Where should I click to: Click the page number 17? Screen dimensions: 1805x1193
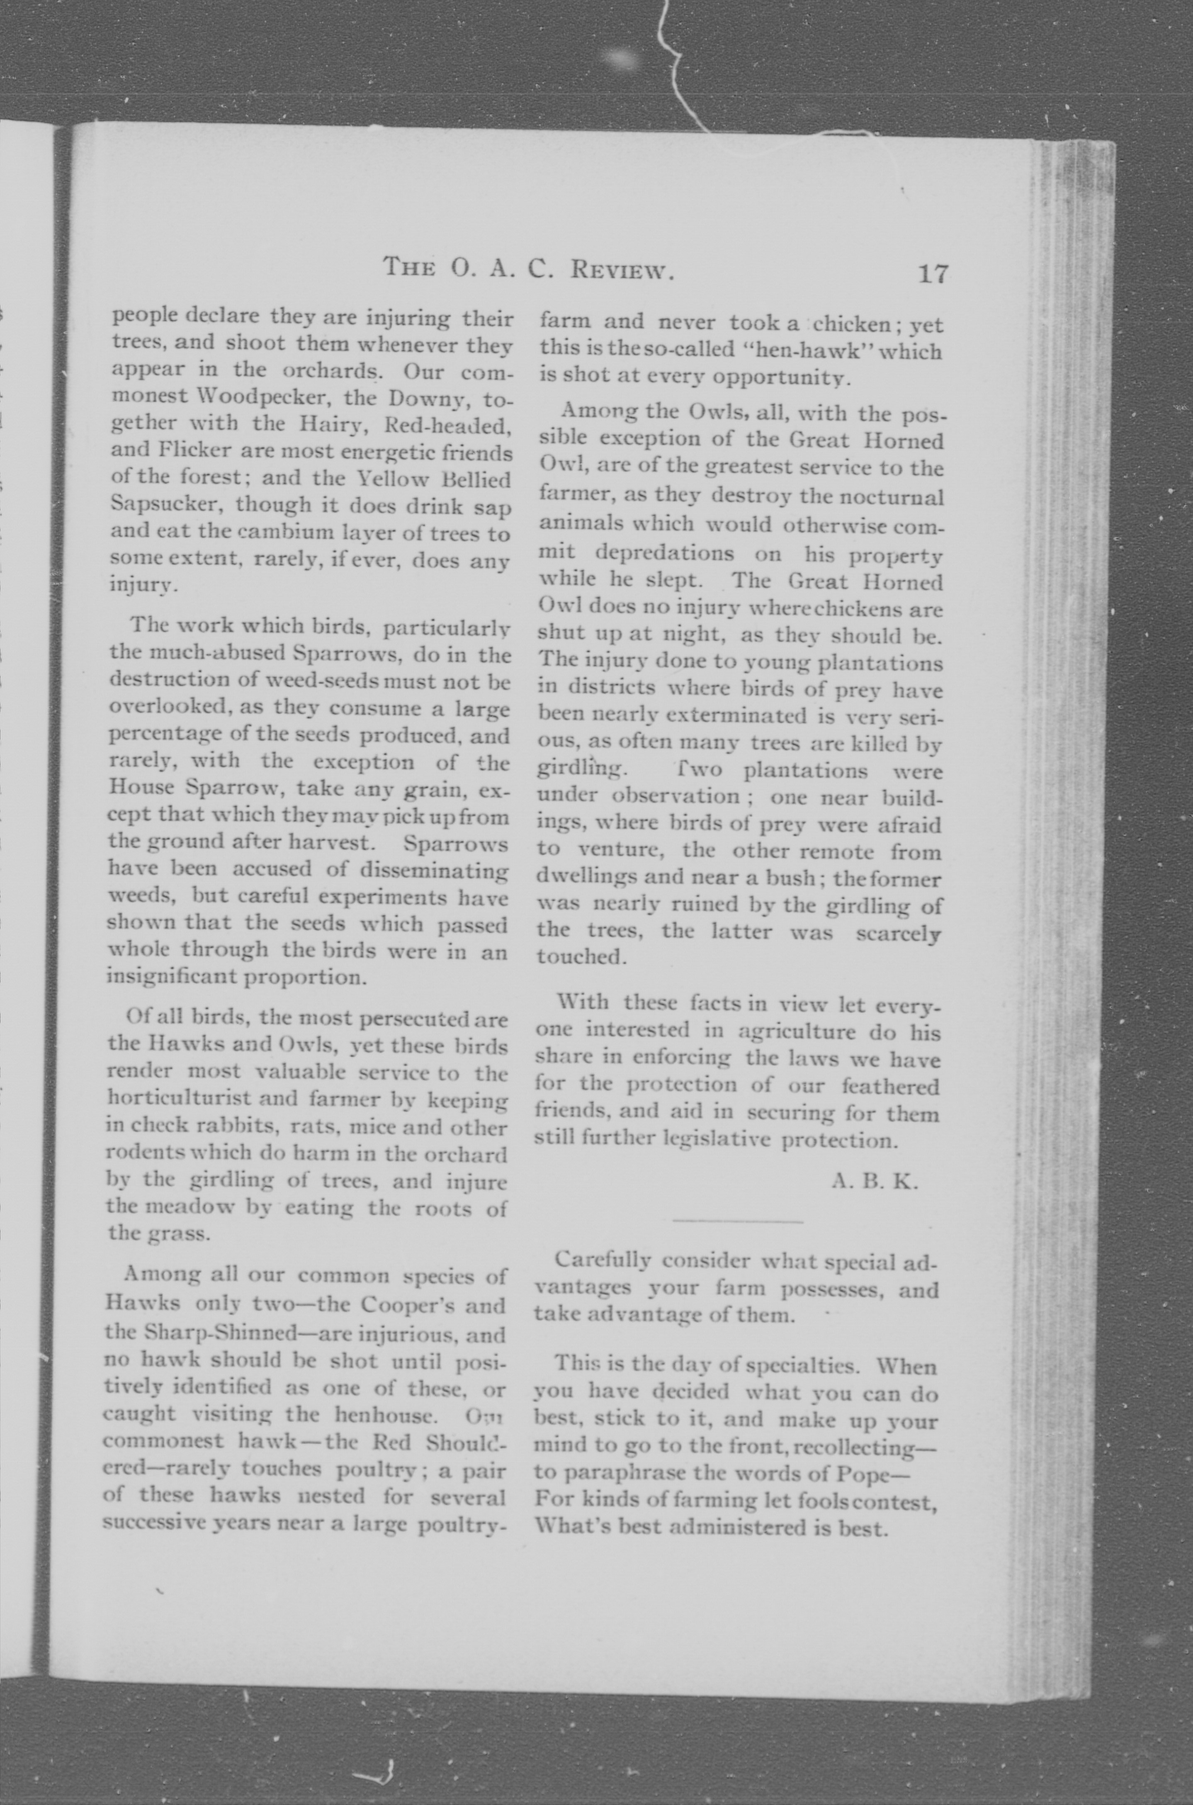[933, 272]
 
